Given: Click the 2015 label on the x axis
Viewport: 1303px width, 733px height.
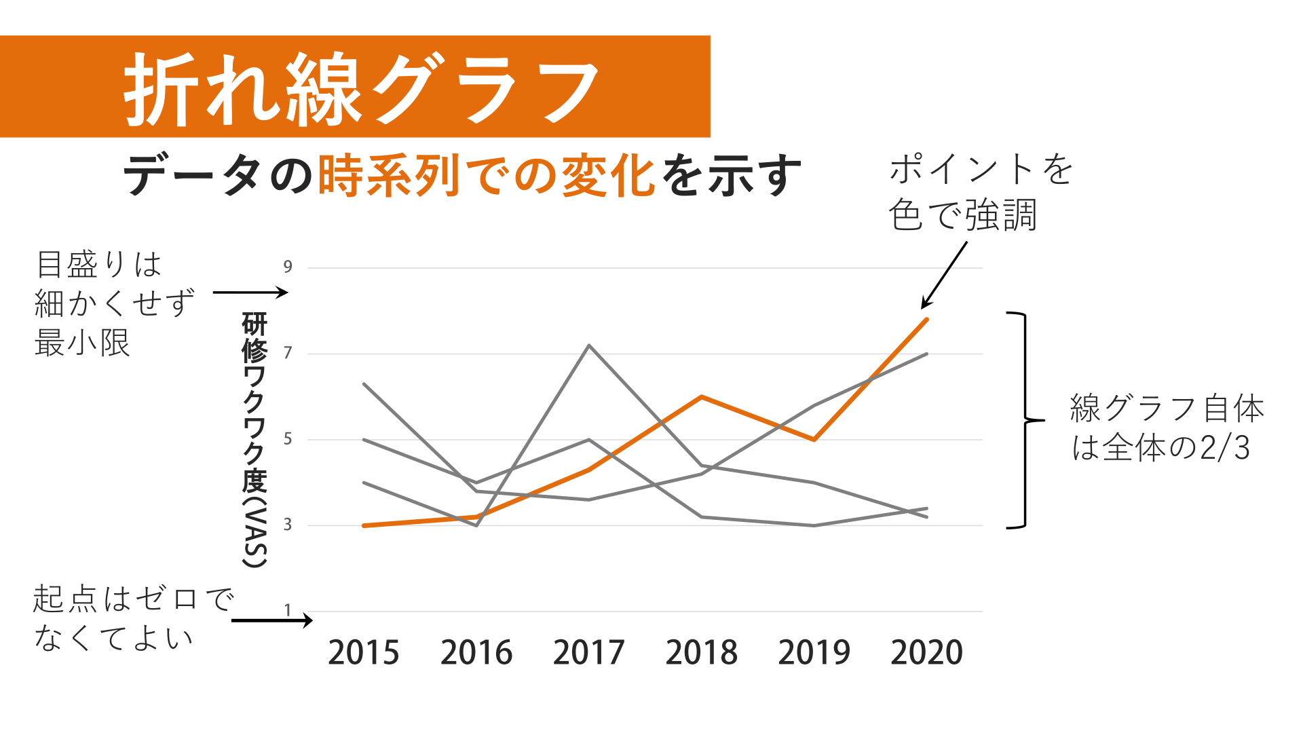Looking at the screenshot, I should [364, 652].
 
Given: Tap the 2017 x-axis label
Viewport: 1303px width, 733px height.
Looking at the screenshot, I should [588, 652].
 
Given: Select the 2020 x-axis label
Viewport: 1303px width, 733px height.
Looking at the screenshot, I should [926, 652].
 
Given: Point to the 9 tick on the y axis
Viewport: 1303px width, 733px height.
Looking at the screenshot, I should [288, 267].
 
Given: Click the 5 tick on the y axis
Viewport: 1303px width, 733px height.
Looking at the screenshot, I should [288, 439].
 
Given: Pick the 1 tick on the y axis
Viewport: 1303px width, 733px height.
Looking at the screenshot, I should [288, 610].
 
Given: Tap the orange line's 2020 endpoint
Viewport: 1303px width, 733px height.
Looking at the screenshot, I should [926, 319].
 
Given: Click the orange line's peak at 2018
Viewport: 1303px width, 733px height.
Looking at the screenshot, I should [701, 397].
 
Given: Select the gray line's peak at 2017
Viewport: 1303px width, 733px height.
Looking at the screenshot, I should [589, 345].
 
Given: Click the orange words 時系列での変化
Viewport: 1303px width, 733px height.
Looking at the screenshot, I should [486, 176].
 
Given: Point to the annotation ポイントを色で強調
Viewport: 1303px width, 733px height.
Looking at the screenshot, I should [979, 192].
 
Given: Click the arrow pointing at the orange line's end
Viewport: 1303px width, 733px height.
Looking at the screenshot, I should [944, 275].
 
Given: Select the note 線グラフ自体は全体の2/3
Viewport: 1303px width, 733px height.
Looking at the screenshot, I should [1166, 428].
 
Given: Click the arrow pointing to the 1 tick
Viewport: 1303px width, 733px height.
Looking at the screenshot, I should [271, 620].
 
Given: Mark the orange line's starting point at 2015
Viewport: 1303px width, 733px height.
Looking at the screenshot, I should [364, 525].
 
